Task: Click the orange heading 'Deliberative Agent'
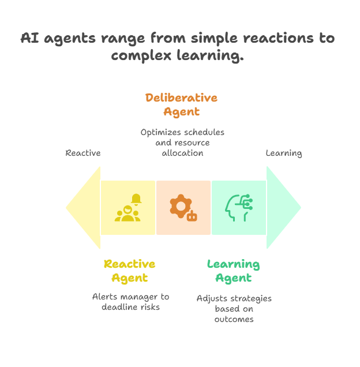click(181, 104)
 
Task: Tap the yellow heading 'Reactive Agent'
click(130, 271)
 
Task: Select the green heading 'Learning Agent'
click(234, 271)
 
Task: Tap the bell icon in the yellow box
click(136, 200)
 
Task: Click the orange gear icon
click(181, 206)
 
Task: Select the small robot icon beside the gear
click(192, 216)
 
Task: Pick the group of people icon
click(127, 214)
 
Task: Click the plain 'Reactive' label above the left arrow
click(83, 153)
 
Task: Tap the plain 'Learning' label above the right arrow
click(284, 153)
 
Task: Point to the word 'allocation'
click(182, 153)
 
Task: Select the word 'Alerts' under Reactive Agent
click(104, 297)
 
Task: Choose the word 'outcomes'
click(234, 319)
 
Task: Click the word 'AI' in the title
click(30, 38)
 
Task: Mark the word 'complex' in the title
click(141, 56)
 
